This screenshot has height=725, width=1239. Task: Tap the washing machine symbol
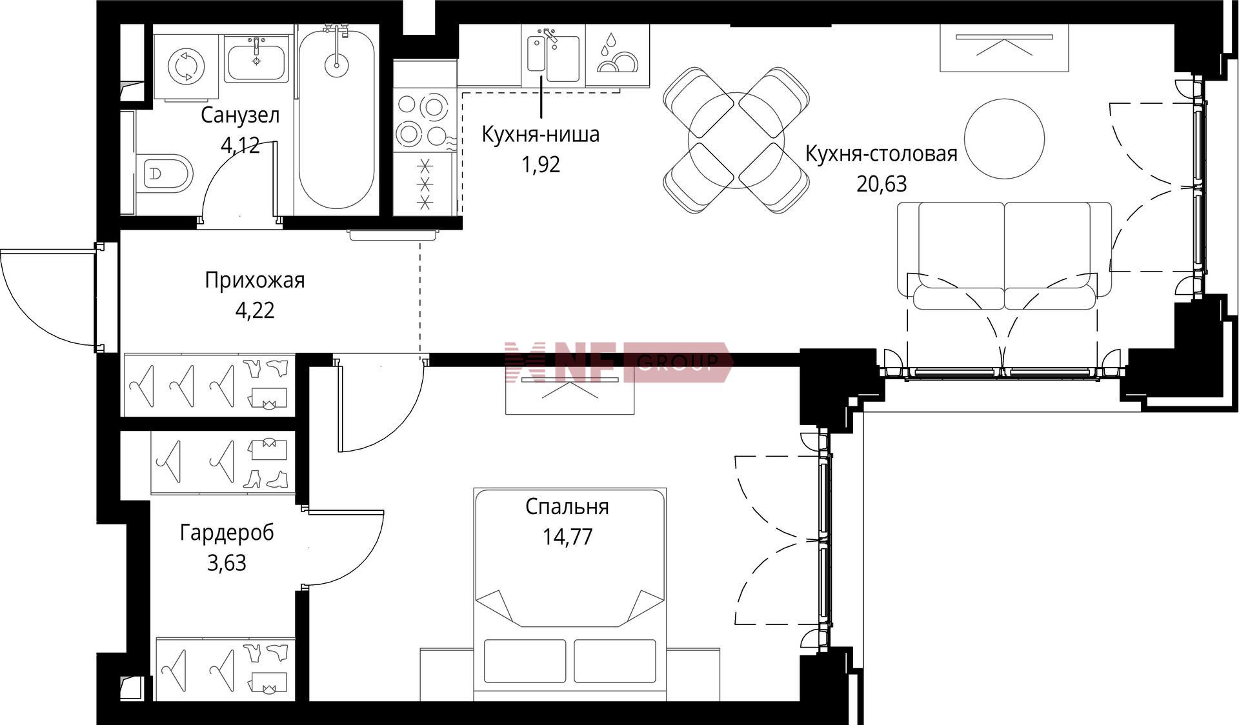(x=186, y=65)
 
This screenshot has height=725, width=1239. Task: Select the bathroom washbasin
(x=256, y=59)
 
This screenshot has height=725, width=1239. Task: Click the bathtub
(x=336, y=116)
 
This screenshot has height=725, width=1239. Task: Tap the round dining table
(x=736, y=140)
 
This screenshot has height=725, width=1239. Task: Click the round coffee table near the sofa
(x=1004, y=139)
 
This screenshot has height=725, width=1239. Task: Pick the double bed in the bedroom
(x=570, y=594)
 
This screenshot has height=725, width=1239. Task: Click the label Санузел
(x=240, y=115)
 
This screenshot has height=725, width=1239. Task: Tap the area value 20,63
(x=881, y=184)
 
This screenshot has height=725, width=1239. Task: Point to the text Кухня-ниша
(x=541, y=134)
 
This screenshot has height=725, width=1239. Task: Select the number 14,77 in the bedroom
(x=567, y=537)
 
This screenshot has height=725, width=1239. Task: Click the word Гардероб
(x=227, y=533)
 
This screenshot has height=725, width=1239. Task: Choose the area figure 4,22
(x=255, y=311)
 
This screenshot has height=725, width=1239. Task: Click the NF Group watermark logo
(x=618, y=362)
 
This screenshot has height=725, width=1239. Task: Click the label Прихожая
(x=255, y=281)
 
